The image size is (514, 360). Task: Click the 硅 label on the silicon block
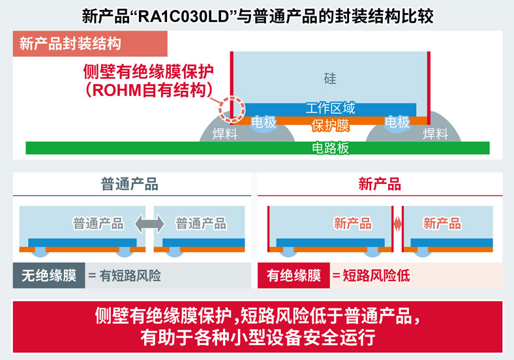coord(330,79)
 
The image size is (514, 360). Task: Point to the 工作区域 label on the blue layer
coord(330,108)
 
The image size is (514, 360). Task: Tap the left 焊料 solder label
coord(225,134)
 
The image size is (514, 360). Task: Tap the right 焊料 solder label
coord(436,134)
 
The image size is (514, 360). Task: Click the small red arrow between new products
coord(397,224)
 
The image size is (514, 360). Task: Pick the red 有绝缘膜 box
coord(293,276)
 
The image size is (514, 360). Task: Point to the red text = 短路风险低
coord(370,276)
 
